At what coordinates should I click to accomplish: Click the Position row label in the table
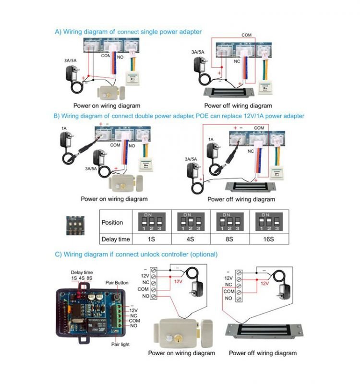(x=112, y=222)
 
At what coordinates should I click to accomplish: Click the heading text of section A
(x=128, y=32)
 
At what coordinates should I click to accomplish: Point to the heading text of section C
(x=136, y=254)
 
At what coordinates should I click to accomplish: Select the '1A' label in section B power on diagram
(x=63, y=129)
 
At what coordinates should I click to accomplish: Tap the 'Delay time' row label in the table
(x=116, y=239)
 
